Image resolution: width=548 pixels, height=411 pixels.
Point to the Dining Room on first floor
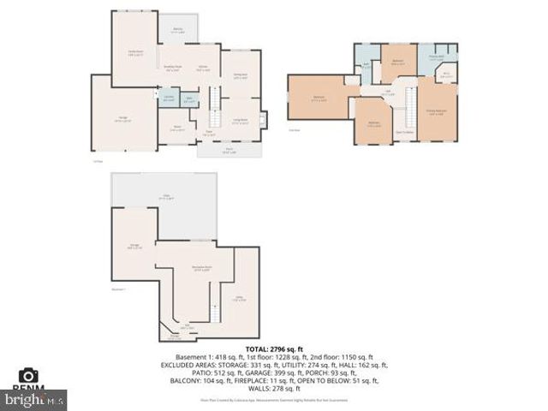[240, 75]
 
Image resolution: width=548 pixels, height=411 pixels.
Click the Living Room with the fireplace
[241, 120]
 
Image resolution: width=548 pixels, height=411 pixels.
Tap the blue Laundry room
[170, 98]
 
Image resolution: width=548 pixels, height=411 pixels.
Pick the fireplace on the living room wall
[263, 119]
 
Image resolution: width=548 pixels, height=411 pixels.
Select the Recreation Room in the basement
[202, 271]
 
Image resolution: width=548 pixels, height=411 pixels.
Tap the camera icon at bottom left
[28, 376]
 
